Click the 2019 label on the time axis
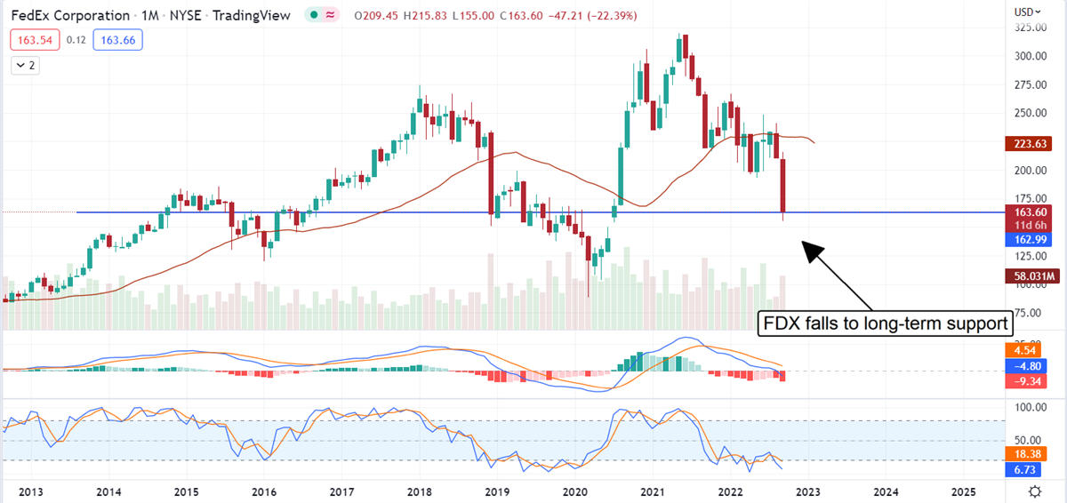coord(498,491)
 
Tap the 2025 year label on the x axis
coord(964,491)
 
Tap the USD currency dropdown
coord(1031,12)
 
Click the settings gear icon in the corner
coord(1034,491)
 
